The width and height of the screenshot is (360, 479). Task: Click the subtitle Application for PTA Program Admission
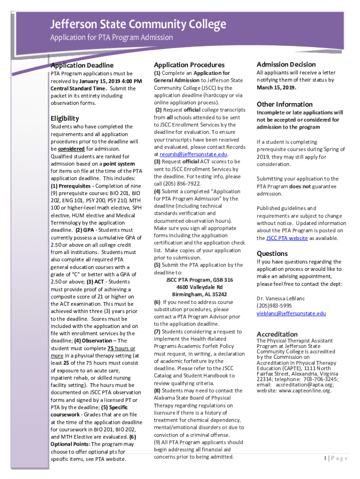(112, 37)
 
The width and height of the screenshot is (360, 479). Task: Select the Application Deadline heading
(82, 65)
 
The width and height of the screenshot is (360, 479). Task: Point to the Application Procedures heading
(189, 65)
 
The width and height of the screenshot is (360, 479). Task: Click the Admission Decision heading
(286, 64)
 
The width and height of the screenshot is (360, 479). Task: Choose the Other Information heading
(284, 104)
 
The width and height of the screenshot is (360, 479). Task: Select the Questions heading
(272, 253)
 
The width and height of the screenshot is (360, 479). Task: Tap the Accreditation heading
(277, 334)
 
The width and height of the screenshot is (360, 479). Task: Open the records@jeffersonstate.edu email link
(193, 154)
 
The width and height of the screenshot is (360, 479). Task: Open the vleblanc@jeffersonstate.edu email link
(291, 313)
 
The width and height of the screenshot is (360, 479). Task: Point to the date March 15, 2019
(276, 87)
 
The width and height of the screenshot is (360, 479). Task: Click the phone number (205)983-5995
(276, 306)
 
